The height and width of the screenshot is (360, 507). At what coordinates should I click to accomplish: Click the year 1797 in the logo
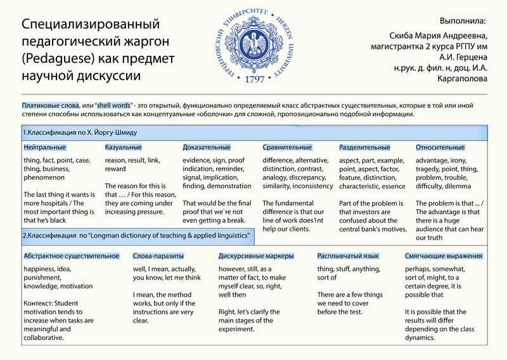(253, 80)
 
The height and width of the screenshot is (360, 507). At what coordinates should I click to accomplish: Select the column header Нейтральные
(45, 148)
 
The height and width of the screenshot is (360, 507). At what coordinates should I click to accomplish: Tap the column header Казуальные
(123, 148)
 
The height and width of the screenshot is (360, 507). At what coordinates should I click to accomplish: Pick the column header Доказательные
(207, 148)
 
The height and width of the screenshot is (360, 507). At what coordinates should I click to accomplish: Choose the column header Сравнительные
(287, 148)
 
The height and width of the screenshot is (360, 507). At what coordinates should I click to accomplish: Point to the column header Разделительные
(364, 148)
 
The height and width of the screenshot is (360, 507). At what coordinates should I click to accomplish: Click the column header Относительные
(440, 148)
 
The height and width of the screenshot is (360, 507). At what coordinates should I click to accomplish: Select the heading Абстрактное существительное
(71, 256)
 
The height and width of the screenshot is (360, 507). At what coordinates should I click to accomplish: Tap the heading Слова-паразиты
(158, 256)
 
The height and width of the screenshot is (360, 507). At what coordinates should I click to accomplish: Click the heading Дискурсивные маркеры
(256, 256)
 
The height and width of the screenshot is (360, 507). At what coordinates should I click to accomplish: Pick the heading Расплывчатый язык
(348, 256)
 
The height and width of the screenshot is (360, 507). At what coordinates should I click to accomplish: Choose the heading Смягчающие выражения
(444, 256)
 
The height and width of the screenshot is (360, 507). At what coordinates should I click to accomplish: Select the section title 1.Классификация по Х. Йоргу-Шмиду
(79, 133)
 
